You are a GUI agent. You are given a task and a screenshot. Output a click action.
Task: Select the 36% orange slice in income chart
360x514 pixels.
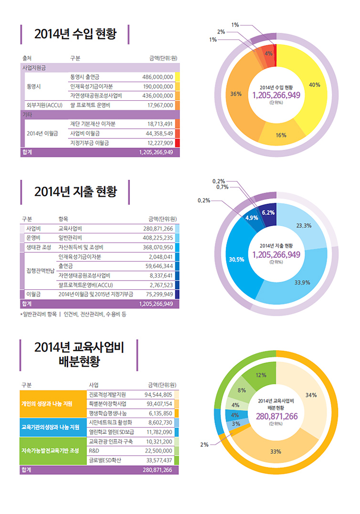[x=237, y=94]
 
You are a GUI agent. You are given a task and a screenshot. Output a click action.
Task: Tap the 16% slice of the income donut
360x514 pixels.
[x=281, y=135]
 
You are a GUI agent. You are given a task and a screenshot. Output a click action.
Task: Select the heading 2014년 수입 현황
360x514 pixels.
[x=75, y=34]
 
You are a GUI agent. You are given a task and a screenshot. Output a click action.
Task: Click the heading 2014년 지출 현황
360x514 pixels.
[x=75, y=192]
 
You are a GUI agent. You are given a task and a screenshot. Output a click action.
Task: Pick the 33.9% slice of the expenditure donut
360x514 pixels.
[x=302, y=282]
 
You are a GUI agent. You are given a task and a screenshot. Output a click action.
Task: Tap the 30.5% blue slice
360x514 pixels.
[x=237, y=260]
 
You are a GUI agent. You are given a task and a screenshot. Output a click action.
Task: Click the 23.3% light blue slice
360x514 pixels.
[x=304, y=226]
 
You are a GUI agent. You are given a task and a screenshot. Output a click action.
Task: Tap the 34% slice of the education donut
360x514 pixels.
[x=310, y=395]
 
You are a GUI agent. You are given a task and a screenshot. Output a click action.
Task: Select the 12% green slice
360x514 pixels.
[x=261, y=375]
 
